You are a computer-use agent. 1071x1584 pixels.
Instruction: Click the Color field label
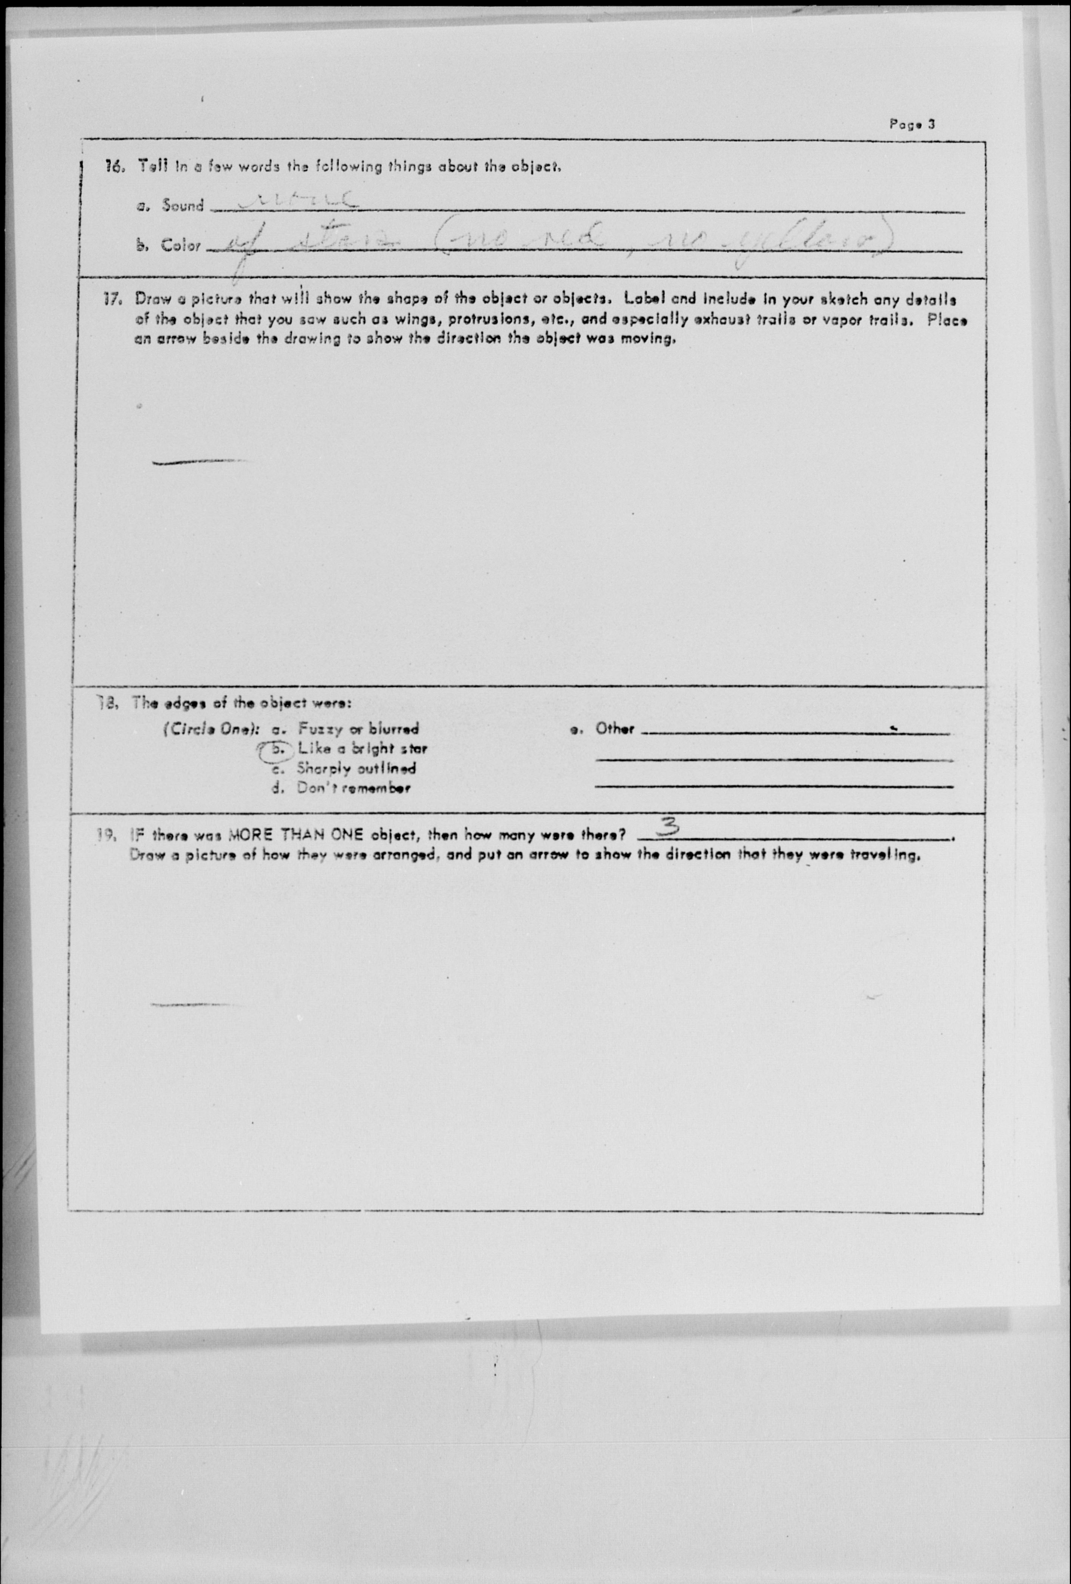click(x=180, y=246)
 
